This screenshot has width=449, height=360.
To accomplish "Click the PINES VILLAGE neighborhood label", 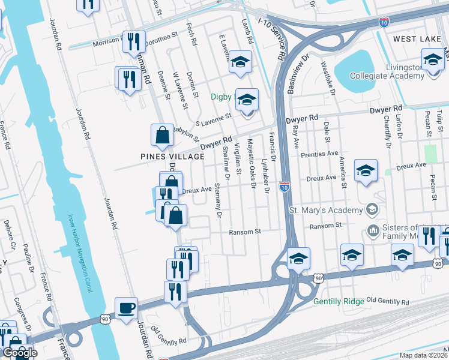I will [x=172, y=156].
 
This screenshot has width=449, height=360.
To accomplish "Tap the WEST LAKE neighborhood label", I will [x=418, y=39].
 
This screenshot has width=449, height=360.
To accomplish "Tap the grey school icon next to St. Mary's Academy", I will [x=372, y=209].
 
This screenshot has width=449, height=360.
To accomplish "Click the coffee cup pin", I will [x=126, y=308].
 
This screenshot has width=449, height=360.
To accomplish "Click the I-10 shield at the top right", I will [x=384, y=22].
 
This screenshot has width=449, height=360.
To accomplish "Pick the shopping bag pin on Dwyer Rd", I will [x=163, y=136].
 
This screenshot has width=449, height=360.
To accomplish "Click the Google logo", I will [x=19, y=353].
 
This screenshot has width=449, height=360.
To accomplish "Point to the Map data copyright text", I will [x=424, y=355].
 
